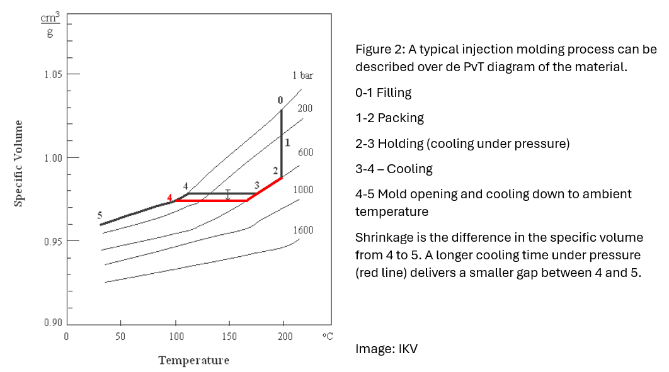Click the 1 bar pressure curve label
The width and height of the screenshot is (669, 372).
[x=302, y=76]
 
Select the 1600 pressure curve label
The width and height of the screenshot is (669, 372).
[x=303, y=230]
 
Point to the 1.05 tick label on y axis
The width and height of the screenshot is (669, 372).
[x=54, y=75]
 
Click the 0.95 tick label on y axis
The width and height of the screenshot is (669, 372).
[x=54, y=241]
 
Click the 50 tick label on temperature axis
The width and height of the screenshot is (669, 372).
[x=120, y=337]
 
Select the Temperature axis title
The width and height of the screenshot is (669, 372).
[x=194, y=361]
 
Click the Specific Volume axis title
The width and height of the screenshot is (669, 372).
[x=19, y=162]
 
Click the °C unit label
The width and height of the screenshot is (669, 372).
[x=327, y=337]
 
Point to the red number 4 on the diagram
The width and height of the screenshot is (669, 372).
[x=169, y=198]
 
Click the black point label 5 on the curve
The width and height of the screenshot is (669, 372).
[x=100, y=215]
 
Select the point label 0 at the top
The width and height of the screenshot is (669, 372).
[x=280, y=100]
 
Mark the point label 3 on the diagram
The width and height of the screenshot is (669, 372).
[x=256, y=185]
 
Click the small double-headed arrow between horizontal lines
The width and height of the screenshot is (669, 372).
[x=228, y=195]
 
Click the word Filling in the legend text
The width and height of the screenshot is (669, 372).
[x=394, y=93]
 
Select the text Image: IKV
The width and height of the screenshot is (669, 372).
[x=386, y=348]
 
